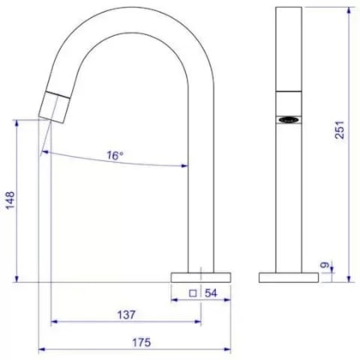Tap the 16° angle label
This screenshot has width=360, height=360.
[x=115, y=155]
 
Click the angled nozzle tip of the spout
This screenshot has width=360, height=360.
[x=52, y=106]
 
